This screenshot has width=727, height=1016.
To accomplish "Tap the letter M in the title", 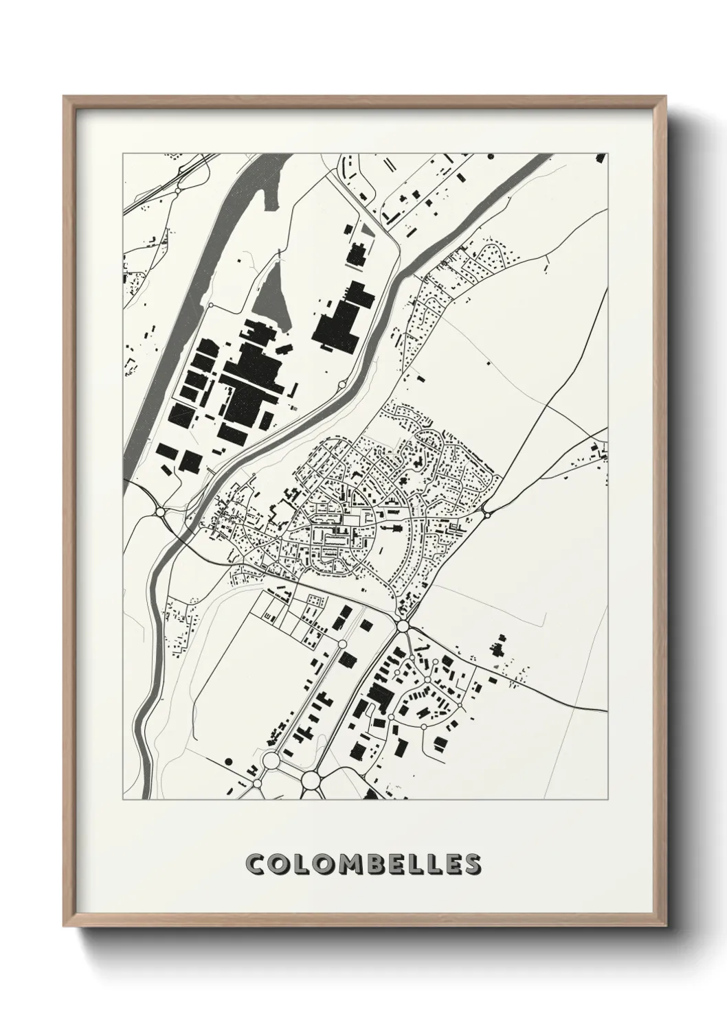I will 336,865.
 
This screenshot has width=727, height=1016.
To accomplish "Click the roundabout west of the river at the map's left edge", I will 161,511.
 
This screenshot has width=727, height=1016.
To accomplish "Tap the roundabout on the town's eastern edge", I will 486,513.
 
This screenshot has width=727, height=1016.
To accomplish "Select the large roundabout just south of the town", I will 402,626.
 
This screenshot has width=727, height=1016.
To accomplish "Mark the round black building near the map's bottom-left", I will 229,762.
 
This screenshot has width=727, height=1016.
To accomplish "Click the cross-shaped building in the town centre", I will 396,529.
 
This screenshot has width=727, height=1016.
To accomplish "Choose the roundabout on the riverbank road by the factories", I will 341,384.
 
